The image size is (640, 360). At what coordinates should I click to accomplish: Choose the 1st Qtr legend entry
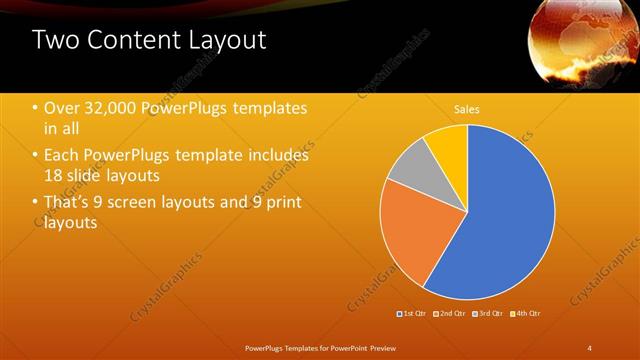413,314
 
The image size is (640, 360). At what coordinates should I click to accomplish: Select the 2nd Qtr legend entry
451,314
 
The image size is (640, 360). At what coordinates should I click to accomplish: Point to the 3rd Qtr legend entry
487,314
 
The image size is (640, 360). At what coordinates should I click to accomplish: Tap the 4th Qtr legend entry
525,314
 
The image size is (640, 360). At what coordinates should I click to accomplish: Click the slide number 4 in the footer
589,347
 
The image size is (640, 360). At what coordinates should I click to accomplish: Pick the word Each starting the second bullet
63,156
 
